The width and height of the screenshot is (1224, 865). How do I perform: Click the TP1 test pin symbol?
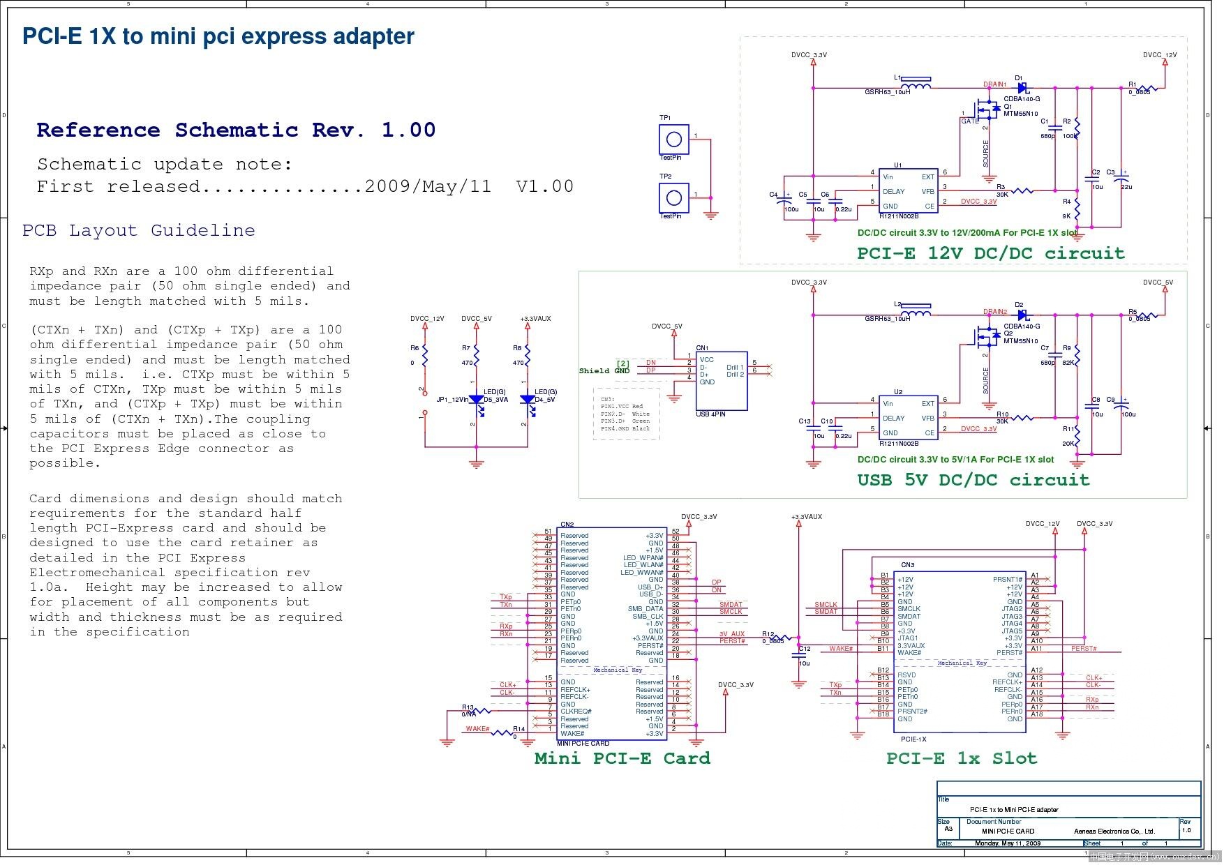pyautogui.click(x=674, y=140)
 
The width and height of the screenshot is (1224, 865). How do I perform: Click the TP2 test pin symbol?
pyautogui.click(x=674, y=197)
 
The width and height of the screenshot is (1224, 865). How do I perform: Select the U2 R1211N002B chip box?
pyautogui.click(x=907, y=416)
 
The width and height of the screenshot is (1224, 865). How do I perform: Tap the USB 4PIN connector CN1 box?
pyautogui.click(x=722, y=381)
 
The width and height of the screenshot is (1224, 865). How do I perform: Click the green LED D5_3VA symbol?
pyautogui.click(x=477, y=400)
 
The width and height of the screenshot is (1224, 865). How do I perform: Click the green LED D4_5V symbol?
pyautogui.click(x=528, y=400)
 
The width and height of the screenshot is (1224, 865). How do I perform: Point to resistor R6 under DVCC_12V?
pyautogui.click(x=424, y=354)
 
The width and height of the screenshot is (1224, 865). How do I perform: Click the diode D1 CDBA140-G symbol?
pyautogui.click(x=1022, y=88)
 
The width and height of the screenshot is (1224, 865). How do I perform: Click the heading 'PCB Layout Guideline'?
pyautogui.click(x=139, y=231)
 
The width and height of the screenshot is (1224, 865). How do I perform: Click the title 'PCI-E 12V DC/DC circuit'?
pyautogui.click(x=990, y=253)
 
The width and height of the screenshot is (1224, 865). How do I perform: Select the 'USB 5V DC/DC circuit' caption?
pyautogui.click(x=973, y=480)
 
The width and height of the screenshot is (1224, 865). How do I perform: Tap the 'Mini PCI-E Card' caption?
pyautogui.click(x=622, y=758)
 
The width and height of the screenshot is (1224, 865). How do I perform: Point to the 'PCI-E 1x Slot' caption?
pyautogui.click(x=961, y=758)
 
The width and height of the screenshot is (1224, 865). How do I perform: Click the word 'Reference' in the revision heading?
pyautogui.click(x=98, y=130)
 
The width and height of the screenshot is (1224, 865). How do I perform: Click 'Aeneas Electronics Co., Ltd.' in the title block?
pyautogui.click(x=1114, y=832)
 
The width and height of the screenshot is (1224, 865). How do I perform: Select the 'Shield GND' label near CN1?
pyautogui.click(x=604, y=371)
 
